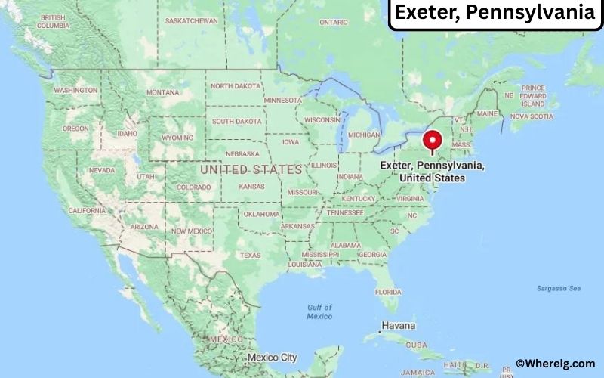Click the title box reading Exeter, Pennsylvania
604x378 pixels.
pyautogui.click(x=496, y=13)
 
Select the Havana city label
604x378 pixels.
pyautogui.click(x=398, y=326)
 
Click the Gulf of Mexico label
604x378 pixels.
pyautogui.click(x=319, y=311)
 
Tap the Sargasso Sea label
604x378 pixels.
pyautogui.click(x=559, y=288)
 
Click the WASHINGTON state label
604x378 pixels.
pyautogui.click(x=75, y=90)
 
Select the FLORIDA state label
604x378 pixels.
pyautogui.click(x=387, y=291)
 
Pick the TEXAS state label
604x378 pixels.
pyautogui.click(x=250, y=255)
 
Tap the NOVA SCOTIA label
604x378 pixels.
pyautogui.click(x=532, y=116)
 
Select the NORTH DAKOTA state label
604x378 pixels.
pyautogui.click(x=236, y=86)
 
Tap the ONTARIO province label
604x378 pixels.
pyautogui.click(x=334, y=22)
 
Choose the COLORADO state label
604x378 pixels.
pyautogui.click(x=193, y=187)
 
